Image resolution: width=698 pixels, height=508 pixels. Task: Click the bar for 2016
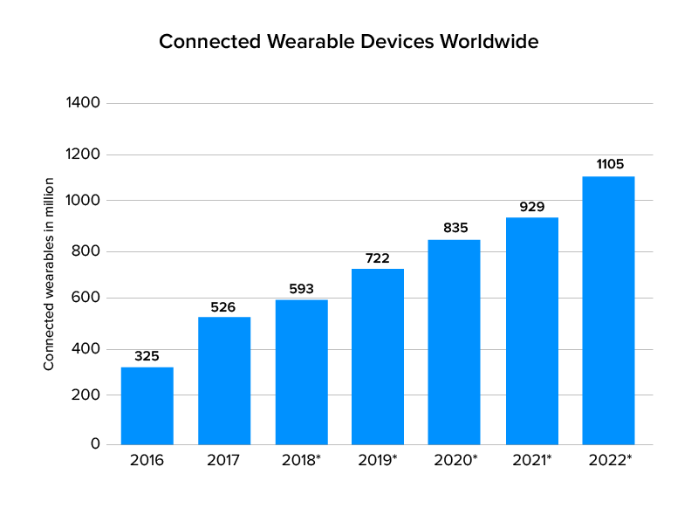147,406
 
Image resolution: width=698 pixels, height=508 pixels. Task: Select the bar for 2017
224,381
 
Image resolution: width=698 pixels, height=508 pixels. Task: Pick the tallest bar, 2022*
608,310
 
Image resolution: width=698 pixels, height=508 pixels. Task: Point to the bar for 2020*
454,342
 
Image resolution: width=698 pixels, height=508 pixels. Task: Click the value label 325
147,356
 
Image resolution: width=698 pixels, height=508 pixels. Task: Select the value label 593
301,289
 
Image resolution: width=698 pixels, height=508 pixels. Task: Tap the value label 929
531,207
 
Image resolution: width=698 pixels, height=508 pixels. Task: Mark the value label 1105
608,164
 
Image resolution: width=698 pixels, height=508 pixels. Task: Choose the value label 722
378,258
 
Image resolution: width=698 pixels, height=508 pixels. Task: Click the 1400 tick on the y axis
84,103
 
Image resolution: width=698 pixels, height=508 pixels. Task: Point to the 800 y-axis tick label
87,251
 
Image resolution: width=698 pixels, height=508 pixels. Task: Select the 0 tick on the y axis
96,444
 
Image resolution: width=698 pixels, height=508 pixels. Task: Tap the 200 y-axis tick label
87,395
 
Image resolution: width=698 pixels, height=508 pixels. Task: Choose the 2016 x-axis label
147,460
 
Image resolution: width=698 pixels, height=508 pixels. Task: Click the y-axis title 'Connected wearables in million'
50,273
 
